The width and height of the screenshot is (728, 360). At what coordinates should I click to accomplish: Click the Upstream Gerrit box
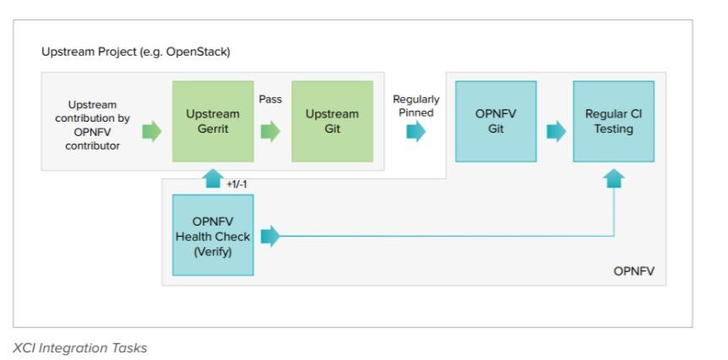pos(213,121)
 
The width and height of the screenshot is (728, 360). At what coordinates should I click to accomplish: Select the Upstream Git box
pos(332,121)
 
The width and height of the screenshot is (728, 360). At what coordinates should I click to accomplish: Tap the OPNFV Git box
pos(496,121)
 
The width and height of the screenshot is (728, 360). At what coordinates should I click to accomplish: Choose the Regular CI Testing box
pos(614,121)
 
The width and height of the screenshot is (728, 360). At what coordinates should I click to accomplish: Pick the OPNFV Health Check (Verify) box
pos(213,235)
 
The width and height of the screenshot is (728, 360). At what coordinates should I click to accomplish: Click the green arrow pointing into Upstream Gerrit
pos(152,132)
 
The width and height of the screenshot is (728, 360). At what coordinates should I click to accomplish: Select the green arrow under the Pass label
pos(270,132)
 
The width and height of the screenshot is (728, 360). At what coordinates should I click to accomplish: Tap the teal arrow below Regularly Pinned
pos(416,132)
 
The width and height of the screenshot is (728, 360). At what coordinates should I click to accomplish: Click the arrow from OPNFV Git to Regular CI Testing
pos(557,132)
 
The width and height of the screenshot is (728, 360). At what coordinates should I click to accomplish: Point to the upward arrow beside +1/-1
pos(213,178)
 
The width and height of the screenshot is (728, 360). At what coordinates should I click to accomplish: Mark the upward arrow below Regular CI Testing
pos(614,178)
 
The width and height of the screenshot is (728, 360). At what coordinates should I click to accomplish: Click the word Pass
pos(270,100)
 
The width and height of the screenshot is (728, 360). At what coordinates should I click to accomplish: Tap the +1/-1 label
pos(236,184)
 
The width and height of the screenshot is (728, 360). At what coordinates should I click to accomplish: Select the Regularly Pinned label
pos(416,106)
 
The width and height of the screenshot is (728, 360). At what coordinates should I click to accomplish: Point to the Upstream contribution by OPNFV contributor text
pos(92,125)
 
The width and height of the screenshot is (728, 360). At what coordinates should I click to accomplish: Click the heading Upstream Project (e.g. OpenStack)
pos(136,52)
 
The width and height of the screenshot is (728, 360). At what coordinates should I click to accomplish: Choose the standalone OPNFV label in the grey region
pos(633,271)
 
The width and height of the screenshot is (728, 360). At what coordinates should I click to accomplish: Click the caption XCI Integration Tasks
pos(79,348)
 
